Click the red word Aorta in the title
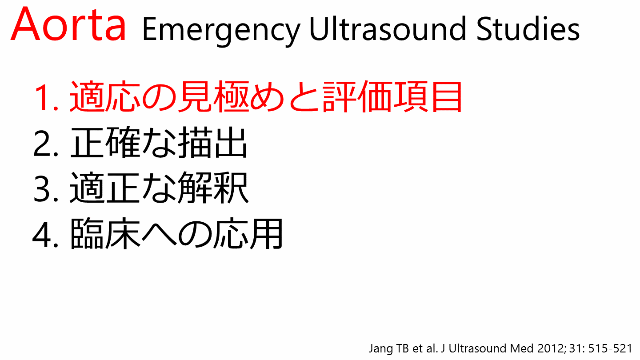tap(68, 24)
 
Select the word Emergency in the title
tap(221, 31)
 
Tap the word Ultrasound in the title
tap(388, 28)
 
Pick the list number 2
tap(46, 143)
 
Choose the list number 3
tap(46, 188)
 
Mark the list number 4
tap(46, 234)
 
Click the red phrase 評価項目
tap(392, 97)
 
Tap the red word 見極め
tap(231, 97)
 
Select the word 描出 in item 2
tap(212, 143)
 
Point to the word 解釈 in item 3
tap(213, 188)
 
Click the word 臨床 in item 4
tap(105, 234)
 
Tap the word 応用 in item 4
tap(248, 234)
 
